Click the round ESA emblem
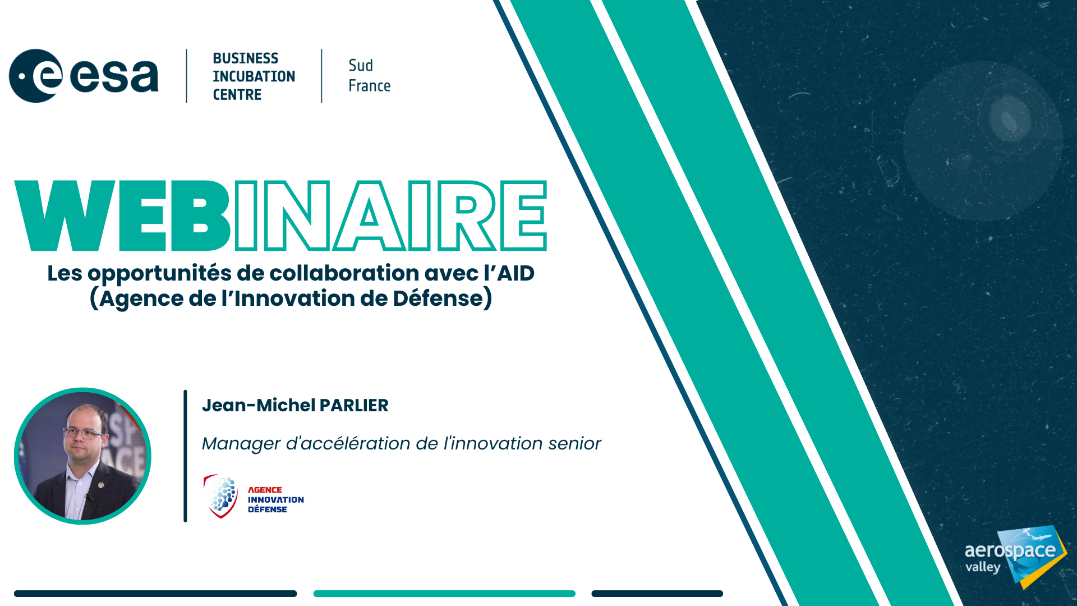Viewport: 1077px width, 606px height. [x=36, y=76]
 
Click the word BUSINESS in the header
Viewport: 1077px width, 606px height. [x=245, y=58]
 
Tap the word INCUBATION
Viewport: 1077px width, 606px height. [x=254, y=76]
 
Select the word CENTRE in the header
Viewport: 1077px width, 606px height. [x=237, y=94]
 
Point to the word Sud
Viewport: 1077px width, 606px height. [x=361, y=65]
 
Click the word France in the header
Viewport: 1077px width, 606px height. [x=369, y=86]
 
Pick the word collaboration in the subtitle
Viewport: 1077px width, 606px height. [x=344, y=273]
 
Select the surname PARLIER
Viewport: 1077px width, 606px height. [x=354, y=405]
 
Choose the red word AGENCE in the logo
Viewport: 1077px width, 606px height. [x=265, y=490]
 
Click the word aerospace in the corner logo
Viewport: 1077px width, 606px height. [x=1010, y=551]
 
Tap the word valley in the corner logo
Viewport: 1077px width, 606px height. [x=983, y=567]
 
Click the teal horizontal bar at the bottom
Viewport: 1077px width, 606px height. [x=444, y=594]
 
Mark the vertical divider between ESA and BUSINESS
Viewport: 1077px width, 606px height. [x=187, y=76]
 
